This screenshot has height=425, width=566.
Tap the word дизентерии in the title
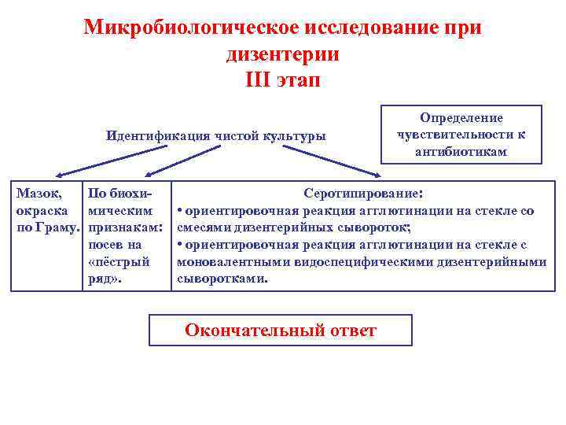pos(282,54)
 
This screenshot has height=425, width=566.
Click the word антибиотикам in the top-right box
pos(461,151)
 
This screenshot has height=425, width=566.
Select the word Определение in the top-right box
pos(461,117)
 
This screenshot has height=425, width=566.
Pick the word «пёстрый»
pos(119,261)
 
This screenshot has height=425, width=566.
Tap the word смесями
pos(205,227)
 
